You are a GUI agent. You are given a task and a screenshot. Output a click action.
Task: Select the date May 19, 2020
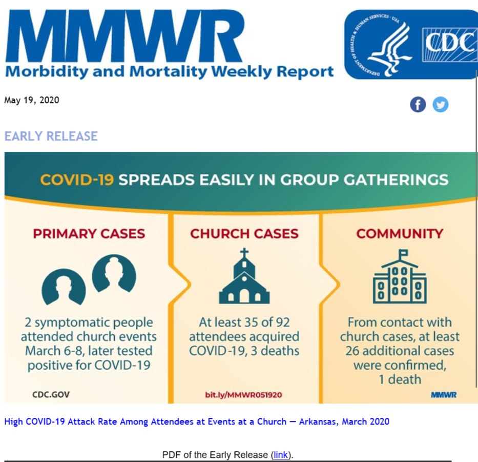coord(32,100)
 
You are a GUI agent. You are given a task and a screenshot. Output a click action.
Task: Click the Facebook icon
coord(418,105)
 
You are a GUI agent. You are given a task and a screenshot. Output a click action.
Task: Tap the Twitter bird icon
coord(441,105)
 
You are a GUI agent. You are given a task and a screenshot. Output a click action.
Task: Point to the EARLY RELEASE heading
coord(51,136)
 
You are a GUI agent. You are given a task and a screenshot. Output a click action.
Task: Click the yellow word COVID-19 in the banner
coord(77,180)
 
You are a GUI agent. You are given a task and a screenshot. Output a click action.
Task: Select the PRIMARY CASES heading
coord(89,234)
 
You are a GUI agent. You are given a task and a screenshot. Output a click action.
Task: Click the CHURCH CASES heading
coord(244,234)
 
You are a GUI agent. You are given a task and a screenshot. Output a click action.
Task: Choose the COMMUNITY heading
coord(400,234)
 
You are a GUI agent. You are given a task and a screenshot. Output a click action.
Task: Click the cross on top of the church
coord(244,253)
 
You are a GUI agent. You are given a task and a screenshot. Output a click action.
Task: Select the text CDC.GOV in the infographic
coord(51,395)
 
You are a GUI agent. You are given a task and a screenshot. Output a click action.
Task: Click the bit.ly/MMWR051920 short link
coord(243,395)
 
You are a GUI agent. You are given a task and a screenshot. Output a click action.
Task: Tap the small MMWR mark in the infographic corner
coord(444,395)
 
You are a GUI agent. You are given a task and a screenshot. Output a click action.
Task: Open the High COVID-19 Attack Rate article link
coord(197,421)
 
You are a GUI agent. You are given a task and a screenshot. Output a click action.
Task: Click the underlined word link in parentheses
coord(281,455)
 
